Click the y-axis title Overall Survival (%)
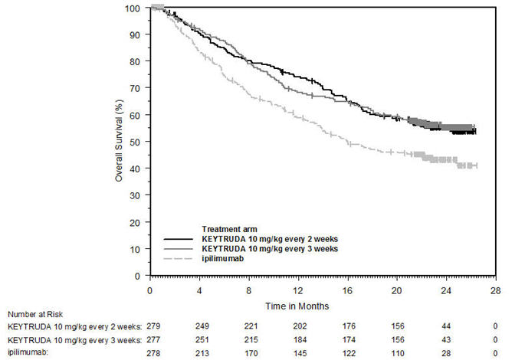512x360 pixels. point(120,142)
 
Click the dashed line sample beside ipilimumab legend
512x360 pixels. point(180,260)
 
